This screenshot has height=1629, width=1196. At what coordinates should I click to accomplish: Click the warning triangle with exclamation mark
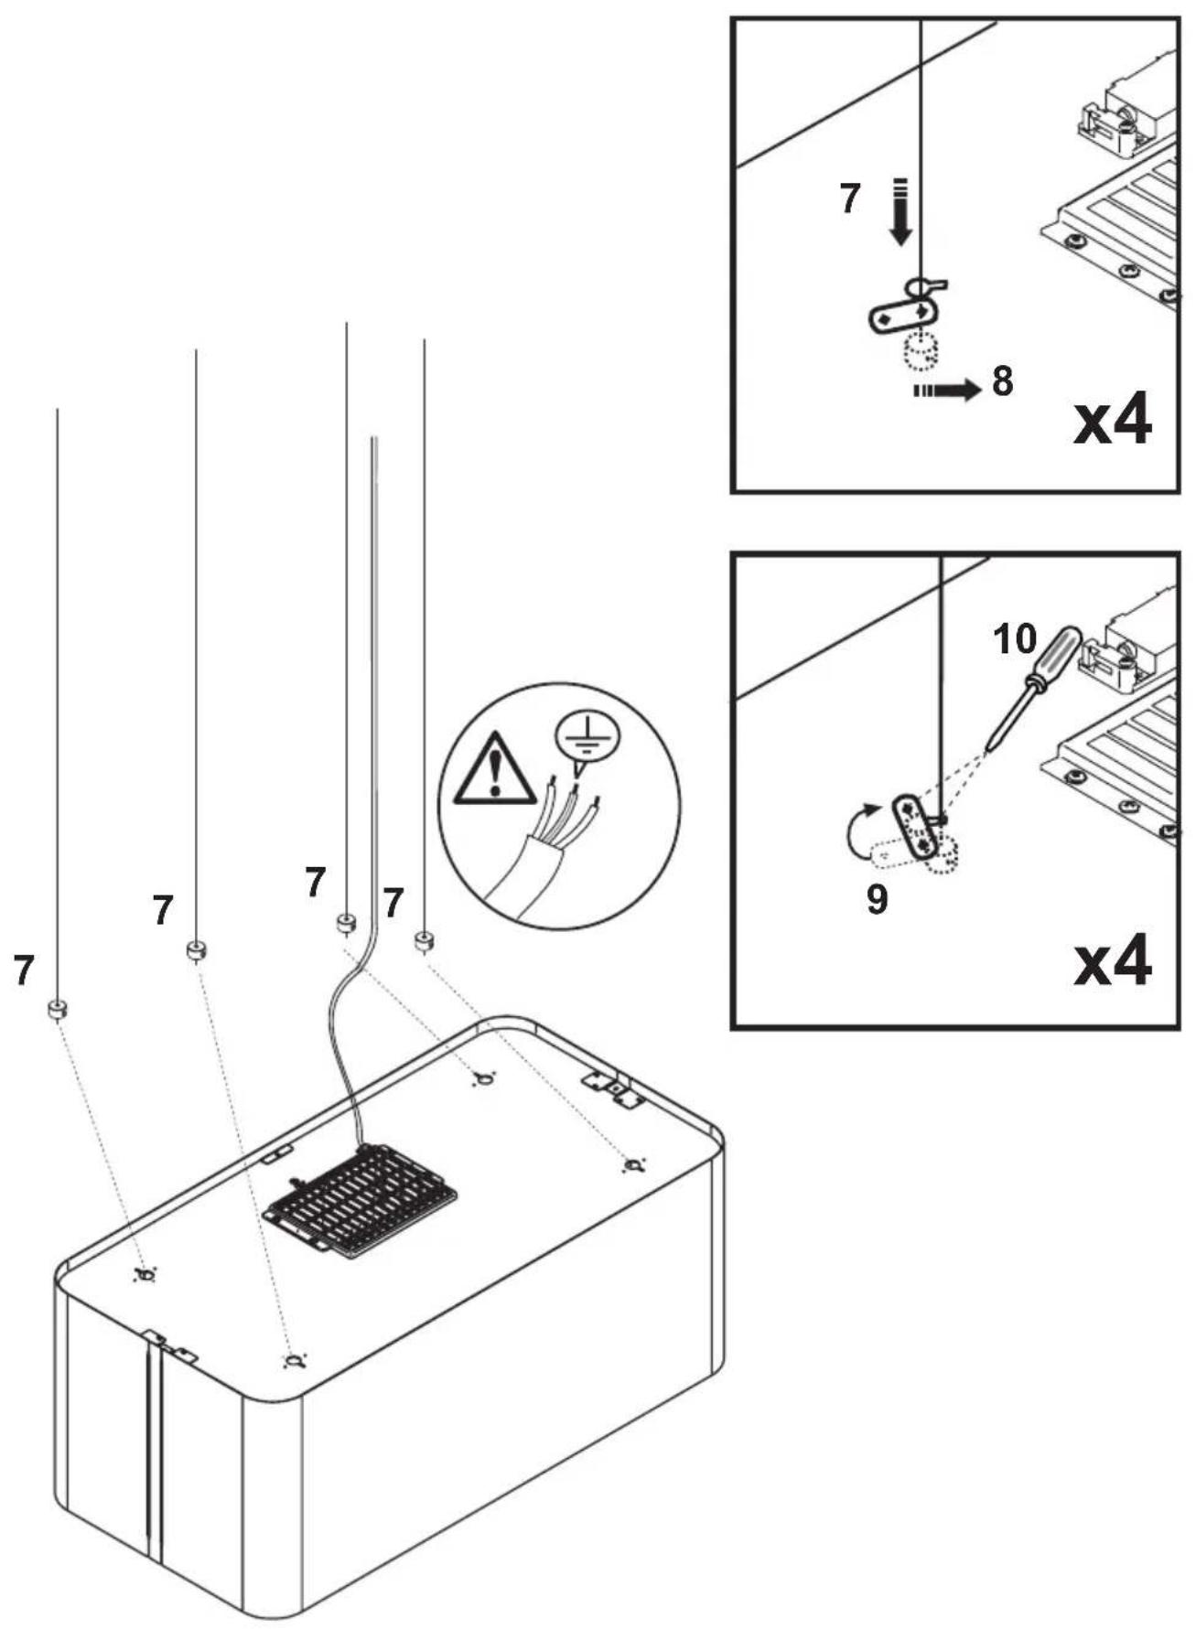tap(495, 770)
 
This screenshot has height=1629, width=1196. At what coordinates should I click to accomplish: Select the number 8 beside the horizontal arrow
tap(1003, 381)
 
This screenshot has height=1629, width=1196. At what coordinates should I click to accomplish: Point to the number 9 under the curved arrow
tap(877, 900)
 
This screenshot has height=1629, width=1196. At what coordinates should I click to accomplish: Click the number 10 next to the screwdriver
tap(1016, 640)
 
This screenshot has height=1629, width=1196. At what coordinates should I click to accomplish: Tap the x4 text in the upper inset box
tap(1112, 422)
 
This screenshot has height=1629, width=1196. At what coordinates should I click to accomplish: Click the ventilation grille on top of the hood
tap(361, 1199)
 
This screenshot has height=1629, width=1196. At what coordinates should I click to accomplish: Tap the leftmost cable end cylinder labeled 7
tap(57, 1010)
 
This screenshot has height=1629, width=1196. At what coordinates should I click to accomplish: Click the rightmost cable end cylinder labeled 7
tap(424, 940)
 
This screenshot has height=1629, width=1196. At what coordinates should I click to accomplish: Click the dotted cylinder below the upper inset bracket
tap(922, 351)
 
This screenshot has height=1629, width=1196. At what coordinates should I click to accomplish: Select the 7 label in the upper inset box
tap(850, 198)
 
